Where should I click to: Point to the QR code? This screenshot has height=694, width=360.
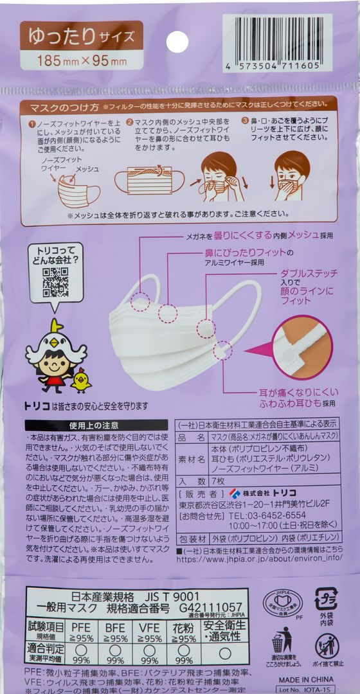click(x=55, y=283)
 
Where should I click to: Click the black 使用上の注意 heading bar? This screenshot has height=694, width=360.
click(x=93, y=425)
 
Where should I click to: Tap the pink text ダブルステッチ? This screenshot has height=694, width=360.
click(x=309, y=273)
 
